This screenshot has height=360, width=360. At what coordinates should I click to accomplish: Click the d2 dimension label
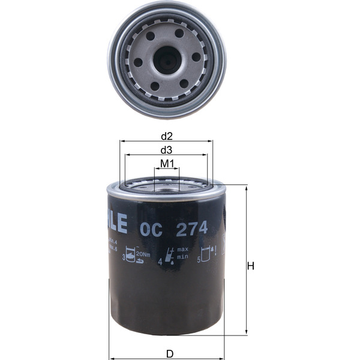click(x=166, y=136)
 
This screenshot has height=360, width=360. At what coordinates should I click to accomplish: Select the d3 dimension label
click(x=166, y=149)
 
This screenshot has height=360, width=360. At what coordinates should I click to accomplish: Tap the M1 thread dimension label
click(x=167, y=163)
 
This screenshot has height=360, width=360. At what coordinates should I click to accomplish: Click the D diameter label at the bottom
click(x=170, y=353)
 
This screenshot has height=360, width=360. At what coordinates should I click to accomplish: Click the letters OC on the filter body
click(x=149, y=229)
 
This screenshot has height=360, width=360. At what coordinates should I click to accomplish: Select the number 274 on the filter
click(x=191, y=229)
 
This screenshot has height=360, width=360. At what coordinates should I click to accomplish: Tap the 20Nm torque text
click(x=143, y=255)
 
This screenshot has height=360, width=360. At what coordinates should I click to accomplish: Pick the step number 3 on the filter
click(x=124, y=259)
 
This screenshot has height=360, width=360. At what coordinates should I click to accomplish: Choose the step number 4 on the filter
click(x=160, y=262)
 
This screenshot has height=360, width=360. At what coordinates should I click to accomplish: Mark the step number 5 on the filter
click(x=199, y=259)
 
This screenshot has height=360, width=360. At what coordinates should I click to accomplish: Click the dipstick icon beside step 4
click(x=172, y=256)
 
